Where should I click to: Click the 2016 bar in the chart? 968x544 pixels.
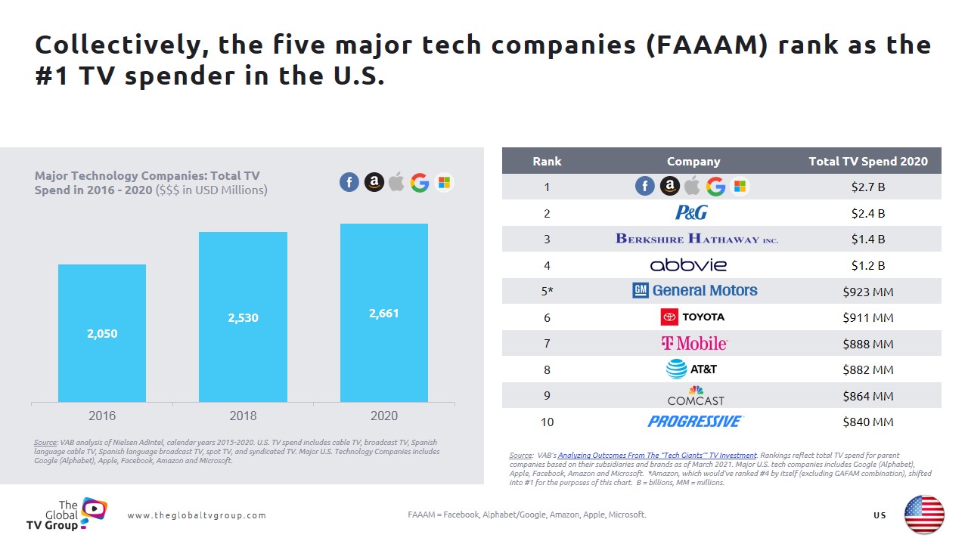coord(102,333)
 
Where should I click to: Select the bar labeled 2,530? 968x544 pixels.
coord(243,317)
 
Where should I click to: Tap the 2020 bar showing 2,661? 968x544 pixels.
coord(383,313)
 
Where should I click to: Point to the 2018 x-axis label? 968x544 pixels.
coord(243,416)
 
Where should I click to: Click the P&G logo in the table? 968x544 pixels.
coord(691,212)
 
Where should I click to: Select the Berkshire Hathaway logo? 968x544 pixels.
coord(697,239)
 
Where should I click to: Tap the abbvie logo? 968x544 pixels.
coord(688,265)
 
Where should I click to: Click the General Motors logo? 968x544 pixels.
coord(694,291)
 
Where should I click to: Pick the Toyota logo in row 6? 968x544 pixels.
coord(693,317)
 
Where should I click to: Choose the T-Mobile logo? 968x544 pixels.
coord(694,344)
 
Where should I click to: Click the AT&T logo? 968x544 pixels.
coord(691,369)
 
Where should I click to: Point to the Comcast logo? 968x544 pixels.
coord(695,396)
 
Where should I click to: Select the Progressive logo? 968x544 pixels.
coord(695,422)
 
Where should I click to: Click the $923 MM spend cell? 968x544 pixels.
coord(867,292)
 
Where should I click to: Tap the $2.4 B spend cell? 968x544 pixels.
coord(867,213)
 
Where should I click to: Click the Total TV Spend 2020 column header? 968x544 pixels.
coord(867,161)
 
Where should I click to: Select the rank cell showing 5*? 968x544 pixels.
coord(547,292)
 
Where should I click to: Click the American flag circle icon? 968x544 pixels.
coord(924,515)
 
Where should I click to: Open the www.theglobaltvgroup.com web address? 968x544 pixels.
coord(197,515)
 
